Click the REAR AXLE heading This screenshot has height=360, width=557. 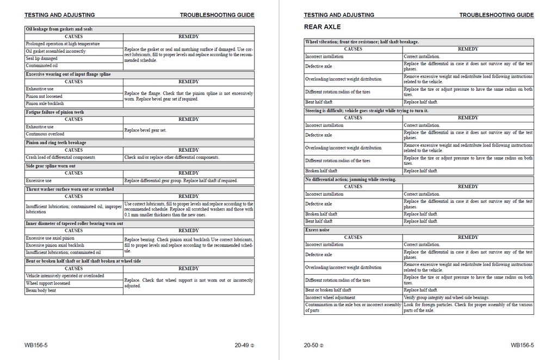323,27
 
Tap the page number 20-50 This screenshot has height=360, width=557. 311,345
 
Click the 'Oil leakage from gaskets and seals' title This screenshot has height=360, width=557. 59,29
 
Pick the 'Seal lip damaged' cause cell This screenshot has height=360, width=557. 42,58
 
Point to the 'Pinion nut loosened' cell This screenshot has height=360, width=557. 44,96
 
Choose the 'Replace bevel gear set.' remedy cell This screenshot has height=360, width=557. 146,131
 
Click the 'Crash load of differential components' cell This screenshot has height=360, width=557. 60,157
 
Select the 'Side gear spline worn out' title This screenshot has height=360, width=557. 51,166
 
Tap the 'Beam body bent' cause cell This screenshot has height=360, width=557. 41,290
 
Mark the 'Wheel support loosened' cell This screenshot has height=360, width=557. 48,283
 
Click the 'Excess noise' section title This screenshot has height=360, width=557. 317,230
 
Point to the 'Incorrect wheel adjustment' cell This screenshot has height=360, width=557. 330,297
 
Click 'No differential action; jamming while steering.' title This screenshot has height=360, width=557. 351,179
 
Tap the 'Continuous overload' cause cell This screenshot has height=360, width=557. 45,134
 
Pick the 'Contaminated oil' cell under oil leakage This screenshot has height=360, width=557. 42,66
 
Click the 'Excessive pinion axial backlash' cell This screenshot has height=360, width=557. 55,245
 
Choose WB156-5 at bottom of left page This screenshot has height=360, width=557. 36,345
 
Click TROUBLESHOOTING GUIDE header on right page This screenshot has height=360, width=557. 496,15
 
